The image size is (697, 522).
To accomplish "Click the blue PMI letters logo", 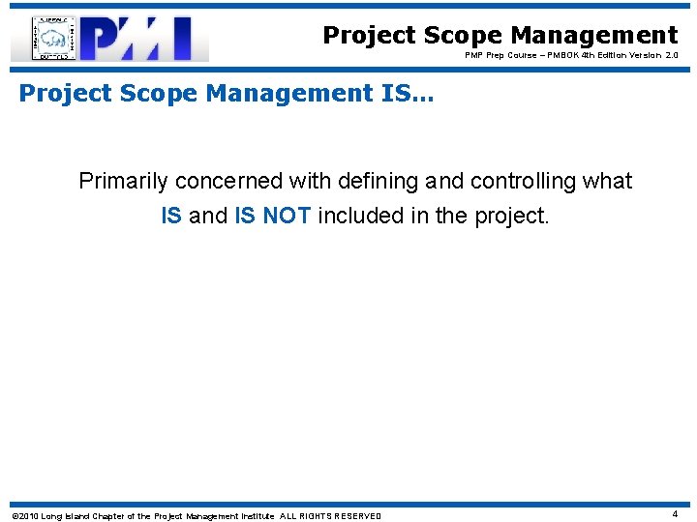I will [145, 39].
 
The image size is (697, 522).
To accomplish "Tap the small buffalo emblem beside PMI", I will [54, 39].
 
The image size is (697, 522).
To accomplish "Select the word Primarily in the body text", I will [122, 181].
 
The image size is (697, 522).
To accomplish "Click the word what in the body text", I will [607, 181].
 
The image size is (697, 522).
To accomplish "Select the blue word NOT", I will [286, 216].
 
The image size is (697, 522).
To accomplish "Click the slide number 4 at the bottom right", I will [675, 514].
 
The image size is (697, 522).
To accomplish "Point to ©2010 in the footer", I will [23, 516].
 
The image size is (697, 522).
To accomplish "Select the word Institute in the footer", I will [254, 516].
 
